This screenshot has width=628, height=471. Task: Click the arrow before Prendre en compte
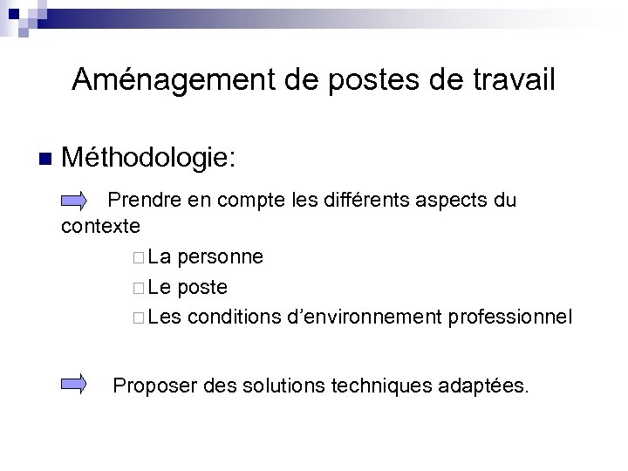pyautogui.click(x=74, y=201)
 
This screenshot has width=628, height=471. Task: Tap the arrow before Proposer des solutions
pyautogui.click(x=74, y=382)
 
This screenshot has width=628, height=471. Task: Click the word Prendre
pyautogui.click(x=145, y=201)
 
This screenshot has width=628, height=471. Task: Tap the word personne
pyautogui.click(x=221, y=257)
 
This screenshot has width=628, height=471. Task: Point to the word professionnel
pyautogui.click(x=510, y=317)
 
